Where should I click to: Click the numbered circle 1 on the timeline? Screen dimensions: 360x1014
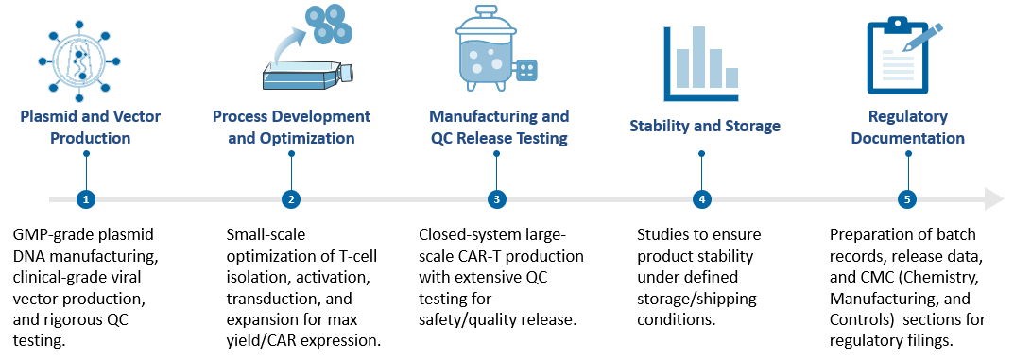point(86,199)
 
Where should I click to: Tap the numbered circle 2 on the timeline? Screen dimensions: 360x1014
point(291,199)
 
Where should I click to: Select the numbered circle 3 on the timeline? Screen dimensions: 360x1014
point(496,199)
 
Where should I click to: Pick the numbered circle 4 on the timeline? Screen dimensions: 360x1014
point(701,199)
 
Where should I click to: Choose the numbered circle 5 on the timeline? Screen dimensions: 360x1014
point(906,199)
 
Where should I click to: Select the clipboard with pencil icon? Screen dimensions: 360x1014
point(902,59)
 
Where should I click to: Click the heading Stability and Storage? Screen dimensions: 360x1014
point(705,126)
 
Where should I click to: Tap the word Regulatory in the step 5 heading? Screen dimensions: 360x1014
point(907,116)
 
